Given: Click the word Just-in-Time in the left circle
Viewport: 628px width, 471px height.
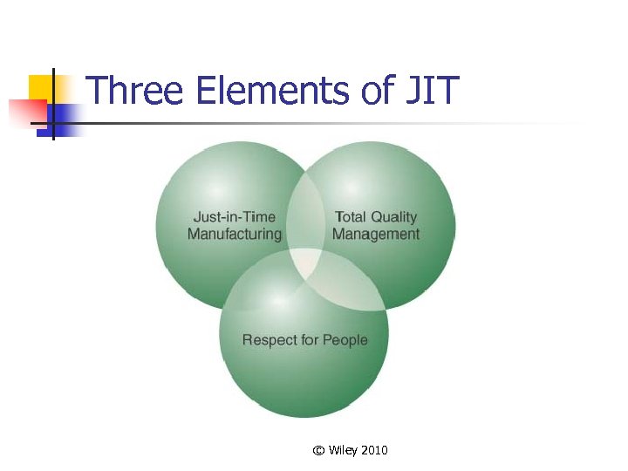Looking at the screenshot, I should point(234,217).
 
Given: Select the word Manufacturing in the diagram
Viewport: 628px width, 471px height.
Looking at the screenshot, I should point(234,234).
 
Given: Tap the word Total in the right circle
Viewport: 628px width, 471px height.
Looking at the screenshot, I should point(352,217).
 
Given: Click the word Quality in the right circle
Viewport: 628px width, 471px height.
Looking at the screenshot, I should point(394,217).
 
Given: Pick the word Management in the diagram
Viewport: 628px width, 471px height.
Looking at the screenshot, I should point(376,234).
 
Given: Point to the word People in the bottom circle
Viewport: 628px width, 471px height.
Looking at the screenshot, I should point(345,339).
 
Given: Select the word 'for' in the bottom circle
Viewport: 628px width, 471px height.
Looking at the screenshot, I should point(311,339).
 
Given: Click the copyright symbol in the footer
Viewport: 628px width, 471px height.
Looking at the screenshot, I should point(318,450).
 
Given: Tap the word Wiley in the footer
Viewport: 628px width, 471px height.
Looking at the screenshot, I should point(342,450).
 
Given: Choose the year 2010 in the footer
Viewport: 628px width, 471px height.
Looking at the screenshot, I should point(373,450).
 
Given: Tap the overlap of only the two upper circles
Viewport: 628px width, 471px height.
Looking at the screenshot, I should point(305,214).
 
